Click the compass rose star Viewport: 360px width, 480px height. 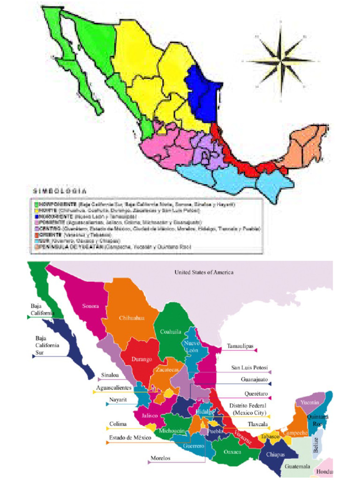click(x=281, y=60)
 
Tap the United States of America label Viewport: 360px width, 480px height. click(x=204, y=272)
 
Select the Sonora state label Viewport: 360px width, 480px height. click(x=90, y=306)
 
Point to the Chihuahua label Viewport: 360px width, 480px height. click(x=131, y=317)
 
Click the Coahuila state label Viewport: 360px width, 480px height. click(x=171, y=331)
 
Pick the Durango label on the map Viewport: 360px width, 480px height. click(x=142, y=360)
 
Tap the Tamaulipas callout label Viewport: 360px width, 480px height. click(x=240, y=346)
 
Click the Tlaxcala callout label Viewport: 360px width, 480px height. click(x=258, y=424)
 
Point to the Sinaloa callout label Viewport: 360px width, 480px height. click(x=110, y=375)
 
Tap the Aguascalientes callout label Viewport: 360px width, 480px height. click(x=114, y=388)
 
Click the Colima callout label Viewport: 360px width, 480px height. click(x=118, y=424)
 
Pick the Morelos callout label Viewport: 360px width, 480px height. click(x=160, y=458)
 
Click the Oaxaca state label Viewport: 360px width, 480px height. click(x=232, y=451)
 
